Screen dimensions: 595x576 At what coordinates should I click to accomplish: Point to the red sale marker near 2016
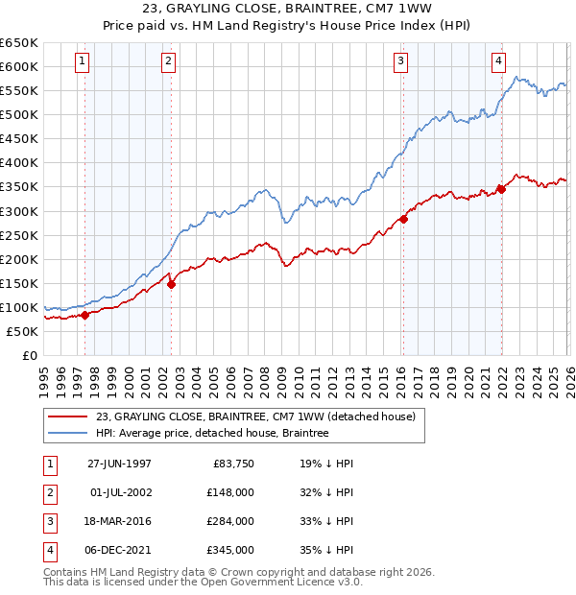403,219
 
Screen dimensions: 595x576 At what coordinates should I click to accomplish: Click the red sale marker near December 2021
501,189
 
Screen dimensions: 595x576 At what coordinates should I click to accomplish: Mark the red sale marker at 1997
85,315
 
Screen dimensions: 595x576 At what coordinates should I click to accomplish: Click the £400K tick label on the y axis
19,163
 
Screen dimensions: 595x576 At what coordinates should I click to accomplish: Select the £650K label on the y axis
19,43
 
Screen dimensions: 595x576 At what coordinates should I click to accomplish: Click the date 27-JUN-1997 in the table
119,463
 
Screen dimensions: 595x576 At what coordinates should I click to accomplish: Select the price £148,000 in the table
229,491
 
